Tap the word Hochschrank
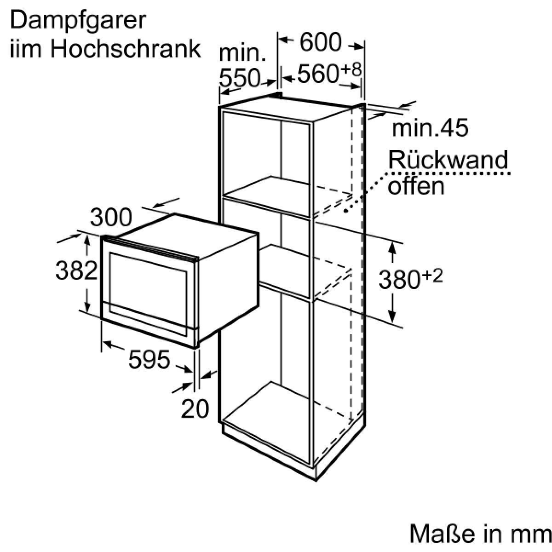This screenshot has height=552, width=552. point(126,48)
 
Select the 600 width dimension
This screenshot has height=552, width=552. point(321,43)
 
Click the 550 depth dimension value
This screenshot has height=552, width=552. point(239,78)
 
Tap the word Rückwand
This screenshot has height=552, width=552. point(448,160)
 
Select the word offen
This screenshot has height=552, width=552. point(416,186)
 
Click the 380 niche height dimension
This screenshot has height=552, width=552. point(398,280)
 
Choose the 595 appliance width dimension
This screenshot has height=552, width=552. point(149,359)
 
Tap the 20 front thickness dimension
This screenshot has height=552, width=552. point(195,408)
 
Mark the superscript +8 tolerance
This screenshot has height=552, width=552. point(351,69)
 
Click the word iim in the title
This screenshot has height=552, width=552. point(23,48)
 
